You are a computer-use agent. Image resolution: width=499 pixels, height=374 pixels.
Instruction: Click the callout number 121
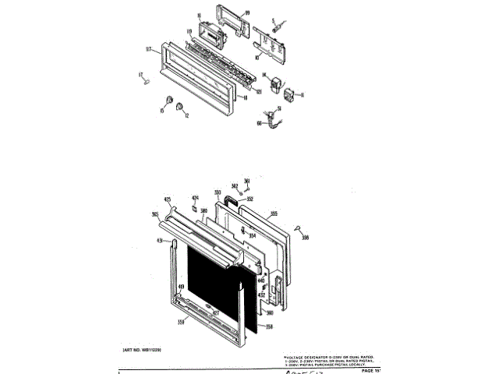pyautogui.click(x=257, y=91)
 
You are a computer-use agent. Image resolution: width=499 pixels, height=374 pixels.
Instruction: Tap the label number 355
pyautogui.click(x=274, y=213)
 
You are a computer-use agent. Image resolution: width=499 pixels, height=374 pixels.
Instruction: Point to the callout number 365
pyautogui.click(x=155, y=214)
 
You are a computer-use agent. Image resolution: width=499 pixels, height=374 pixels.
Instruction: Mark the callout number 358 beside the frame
pyautogui.click(x=268, y=326)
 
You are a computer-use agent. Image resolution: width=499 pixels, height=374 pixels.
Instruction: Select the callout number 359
pyautogui.click(x=181, y=321)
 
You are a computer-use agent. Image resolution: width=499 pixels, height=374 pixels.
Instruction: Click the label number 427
pyautogui.click(x=216, y=314)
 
